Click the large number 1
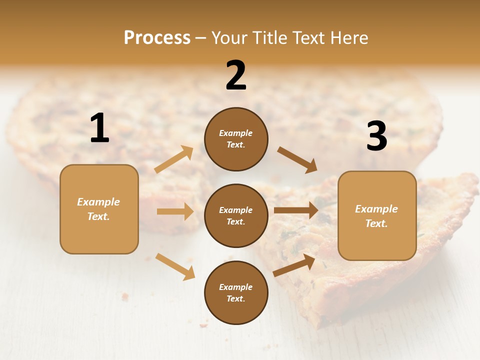tap(99, 128)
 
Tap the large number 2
tap(236, 75)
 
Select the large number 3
tap(376, 136)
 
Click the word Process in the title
tap(157, 37)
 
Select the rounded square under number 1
tap(99, 209)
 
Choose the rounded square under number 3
tap(377, 215)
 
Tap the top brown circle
tap(236, 138)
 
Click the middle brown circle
tap(236, 215)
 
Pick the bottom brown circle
tap(236, 292)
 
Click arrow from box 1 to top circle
tap(174, 159)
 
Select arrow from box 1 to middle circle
tap(175, 211)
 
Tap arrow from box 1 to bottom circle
tap(175, 266)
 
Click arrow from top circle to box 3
tap(297, 159)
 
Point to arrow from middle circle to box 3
tap(296, 210)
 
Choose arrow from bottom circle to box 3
tap(294, 265)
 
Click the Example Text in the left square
tap(99, 209)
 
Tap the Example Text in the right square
tap(376, 216)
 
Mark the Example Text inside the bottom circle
tap(236, 292)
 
